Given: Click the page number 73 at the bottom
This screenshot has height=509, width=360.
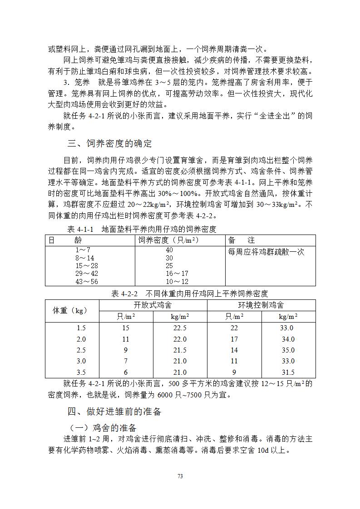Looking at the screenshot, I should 180,476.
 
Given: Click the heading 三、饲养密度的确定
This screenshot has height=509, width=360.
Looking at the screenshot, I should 109,144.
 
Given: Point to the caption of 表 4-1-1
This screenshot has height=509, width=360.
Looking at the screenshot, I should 142,229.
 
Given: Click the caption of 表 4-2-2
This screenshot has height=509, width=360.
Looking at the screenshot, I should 190,294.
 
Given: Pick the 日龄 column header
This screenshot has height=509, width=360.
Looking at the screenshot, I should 65,240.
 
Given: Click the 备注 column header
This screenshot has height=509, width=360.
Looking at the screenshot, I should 242,240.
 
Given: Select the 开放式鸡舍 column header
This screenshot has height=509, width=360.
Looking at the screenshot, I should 153,305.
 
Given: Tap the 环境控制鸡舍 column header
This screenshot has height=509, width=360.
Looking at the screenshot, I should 261,305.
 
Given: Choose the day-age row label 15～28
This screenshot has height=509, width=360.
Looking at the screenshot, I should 87,266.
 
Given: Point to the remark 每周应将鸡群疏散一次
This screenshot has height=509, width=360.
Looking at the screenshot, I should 266,252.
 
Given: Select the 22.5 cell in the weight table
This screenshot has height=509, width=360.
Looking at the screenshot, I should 180,328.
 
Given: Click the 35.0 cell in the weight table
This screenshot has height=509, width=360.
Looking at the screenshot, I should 287,350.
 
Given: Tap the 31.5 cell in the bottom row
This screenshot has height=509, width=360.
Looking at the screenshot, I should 287,372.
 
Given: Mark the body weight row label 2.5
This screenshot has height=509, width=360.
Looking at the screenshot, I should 81,350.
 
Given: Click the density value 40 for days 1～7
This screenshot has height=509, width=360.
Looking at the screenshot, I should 169,250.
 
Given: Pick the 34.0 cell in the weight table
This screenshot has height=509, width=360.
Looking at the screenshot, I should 287,339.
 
